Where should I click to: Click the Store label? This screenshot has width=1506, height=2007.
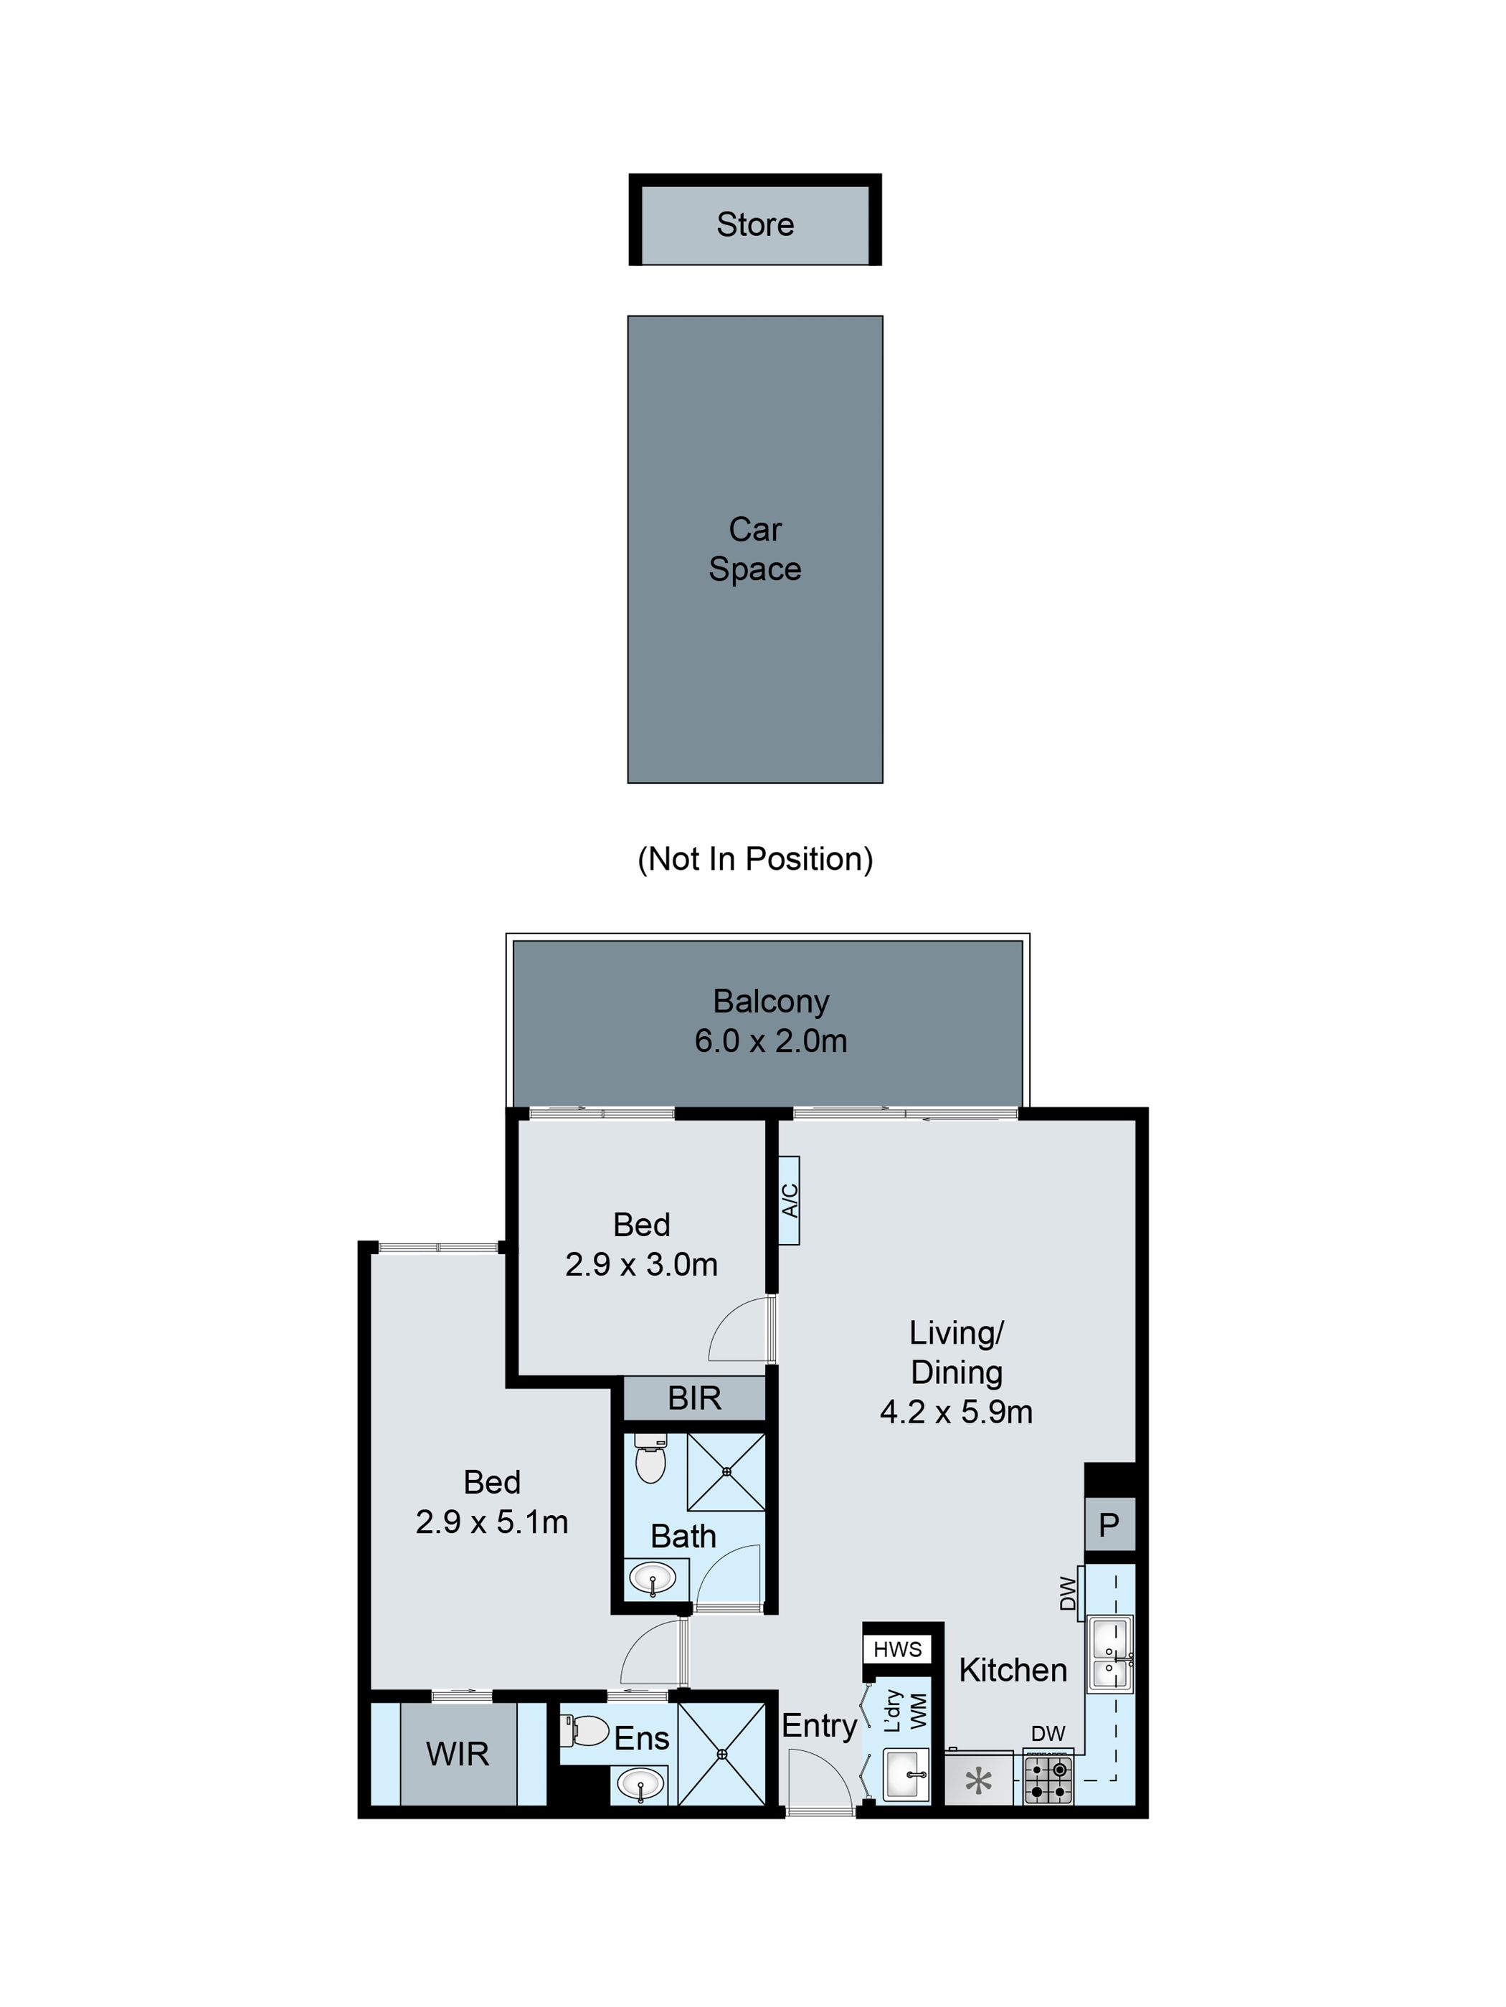pyautogui.click(x=755, y=224)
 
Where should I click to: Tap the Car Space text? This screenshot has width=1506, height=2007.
pyautogui.click(x=755, y=549)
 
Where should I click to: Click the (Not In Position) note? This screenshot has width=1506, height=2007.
pyautogui.click(x=755, y=858)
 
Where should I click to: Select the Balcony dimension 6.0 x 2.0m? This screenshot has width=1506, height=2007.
pyautogui.click(x=770, y=1040)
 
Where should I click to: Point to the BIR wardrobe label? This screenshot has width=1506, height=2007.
pyautogui.click(x=694, y=1398)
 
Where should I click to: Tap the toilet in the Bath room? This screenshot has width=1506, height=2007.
pyautogui.click(x=650, y=1458)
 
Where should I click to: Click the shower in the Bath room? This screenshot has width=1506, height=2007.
pyautogui.click(x=726, y=1471)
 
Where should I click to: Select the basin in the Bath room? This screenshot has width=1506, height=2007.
pyautogui.click(x=653, y=1577)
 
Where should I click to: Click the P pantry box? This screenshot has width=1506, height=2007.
pyautogui.click(x=1109, y=1525)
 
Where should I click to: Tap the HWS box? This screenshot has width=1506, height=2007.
pyautogui.click(x=897, y=1648)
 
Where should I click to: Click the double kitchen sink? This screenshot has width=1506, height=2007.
pyautogui.click(x=1109, y=1655)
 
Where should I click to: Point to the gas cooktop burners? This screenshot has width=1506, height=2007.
pyautogui.click(x=1048, y=1780)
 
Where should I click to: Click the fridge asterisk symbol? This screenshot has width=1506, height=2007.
pyautogui.click(x=978, y=1781)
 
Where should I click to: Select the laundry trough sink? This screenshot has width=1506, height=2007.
pyautogui.click(x=904, y=1775)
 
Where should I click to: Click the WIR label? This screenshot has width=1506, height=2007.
pyautogui.click(x=458, y=1754)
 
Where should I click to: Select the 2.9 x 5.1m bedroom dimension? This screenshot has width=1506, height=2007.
pyautogui.click(x=492, y=1522)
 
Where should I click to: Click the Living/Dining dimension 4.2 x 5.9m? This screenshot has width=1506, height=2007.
pyautogui.click(x=956, y=1412)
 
